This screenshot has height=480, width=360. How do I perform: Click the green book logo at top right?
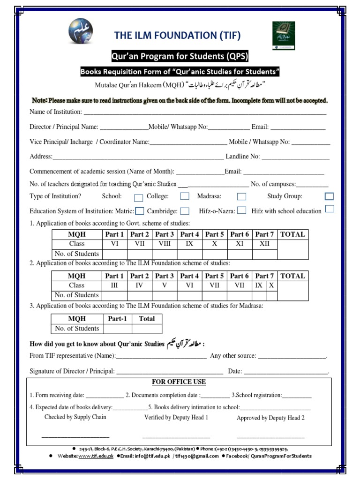point(284,36)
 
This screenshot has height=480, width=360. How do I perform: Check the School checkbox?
point(138,197)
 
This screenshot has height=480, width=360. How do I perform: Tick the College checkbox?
point(185,196)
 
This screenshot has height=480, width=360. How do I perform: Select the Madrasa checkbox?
point(241,197)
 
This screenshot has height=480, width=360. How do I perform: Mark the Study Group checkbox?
point(329,196)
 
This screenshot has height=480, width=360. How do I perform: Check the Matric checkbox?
point(139,211)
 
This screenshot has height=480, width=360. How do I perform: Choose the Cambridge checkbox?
point(185,211)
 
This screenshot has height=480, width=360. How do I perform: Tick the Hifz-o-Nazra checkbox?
point(241,210)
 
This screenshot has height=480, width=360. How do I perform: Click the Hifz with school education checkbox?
point(330,209)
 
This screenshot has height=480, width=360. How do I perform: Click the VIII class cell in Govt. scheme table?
point(165,244)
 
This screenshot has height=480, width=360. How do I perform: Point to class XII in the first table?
point(265,244)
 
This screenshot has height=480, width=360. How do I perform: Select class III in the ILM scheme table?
point(114,285)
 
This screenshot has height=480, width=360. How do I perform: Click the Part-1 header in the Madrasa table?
point(117,319)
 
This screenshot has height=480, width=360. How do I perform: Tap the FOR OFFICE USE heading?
point(179,382)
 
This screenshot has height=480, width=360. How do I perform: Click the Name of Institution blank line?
point(204,112)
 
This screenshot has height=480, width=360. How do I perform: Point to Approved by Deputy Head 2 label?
point(270,418)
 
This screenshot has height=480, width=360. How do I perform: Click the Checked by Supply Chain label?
point(75,417)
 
